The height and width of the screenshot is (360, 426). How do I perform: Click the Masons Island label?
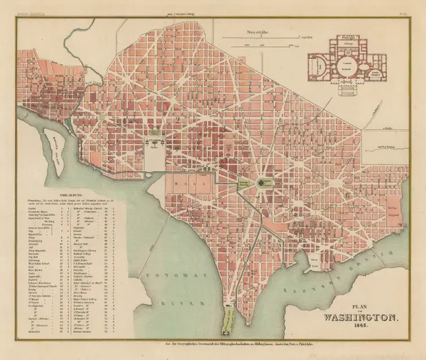tap(57, 150)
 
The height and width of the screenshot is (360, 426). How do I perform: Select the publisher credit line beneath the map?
tap(213, 342)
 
